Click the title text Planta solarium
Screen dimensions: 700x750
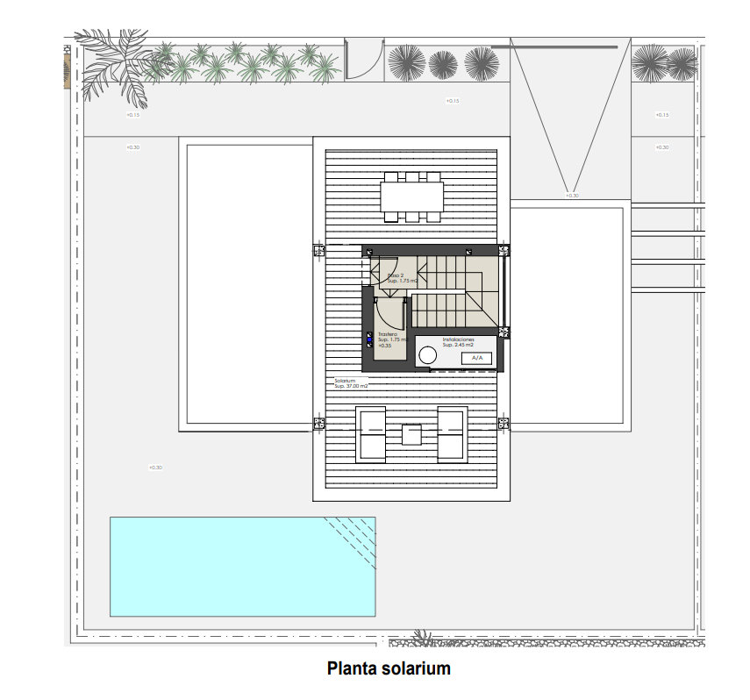click(x=389, y=668)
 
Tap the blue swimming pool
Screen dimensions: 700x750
click(x=242, y=567)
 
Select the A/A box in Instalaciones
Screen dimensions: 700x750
click(x=476, y=358)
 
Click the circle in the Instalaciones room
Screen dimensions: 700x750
click(x=427, y=356)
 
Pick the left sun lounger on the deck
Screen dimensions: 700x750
click(x=372, y=433)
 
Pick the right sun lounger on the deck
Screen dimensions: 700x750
click(x=452, y=433)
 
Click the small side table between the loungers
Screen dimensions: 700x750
click(x=411, y=434)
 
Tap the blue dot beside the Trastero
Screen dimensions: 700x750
click(x=369, y=339)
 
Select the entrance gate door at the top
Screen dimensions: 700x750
click(x=363, y=61)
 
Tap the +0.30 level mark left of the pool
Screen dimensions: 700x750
click(x=155, y=468)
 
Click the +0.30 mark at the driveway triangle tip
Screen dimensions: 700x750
click(x=572, y=195)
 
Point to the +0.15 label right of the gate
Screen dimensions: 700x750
click(x=453, y=101)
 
